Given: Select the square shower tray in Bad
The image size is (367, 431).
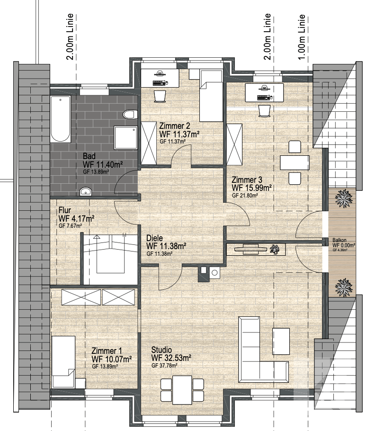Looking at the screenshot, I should point(126,138).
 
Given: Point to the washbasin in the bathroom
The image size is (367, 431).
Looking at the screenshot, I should point(85,191).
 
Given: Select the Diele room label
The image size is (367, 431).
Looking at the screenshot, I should point(155,238).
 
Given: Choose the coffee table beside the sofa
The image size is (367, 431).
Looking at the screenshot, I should point(281,341).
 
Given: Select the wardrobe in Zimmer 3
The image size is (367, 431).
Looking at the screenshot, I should point(234,143).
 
